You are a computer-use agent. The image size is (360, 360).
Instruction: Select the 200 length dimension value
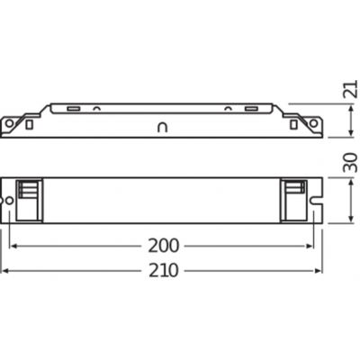(165, 245)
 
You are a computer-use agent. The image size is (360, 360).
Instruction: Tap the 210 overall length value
(165, 271)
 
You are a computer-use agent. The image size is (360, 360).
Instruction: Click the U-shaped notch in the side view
(163, 127)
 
